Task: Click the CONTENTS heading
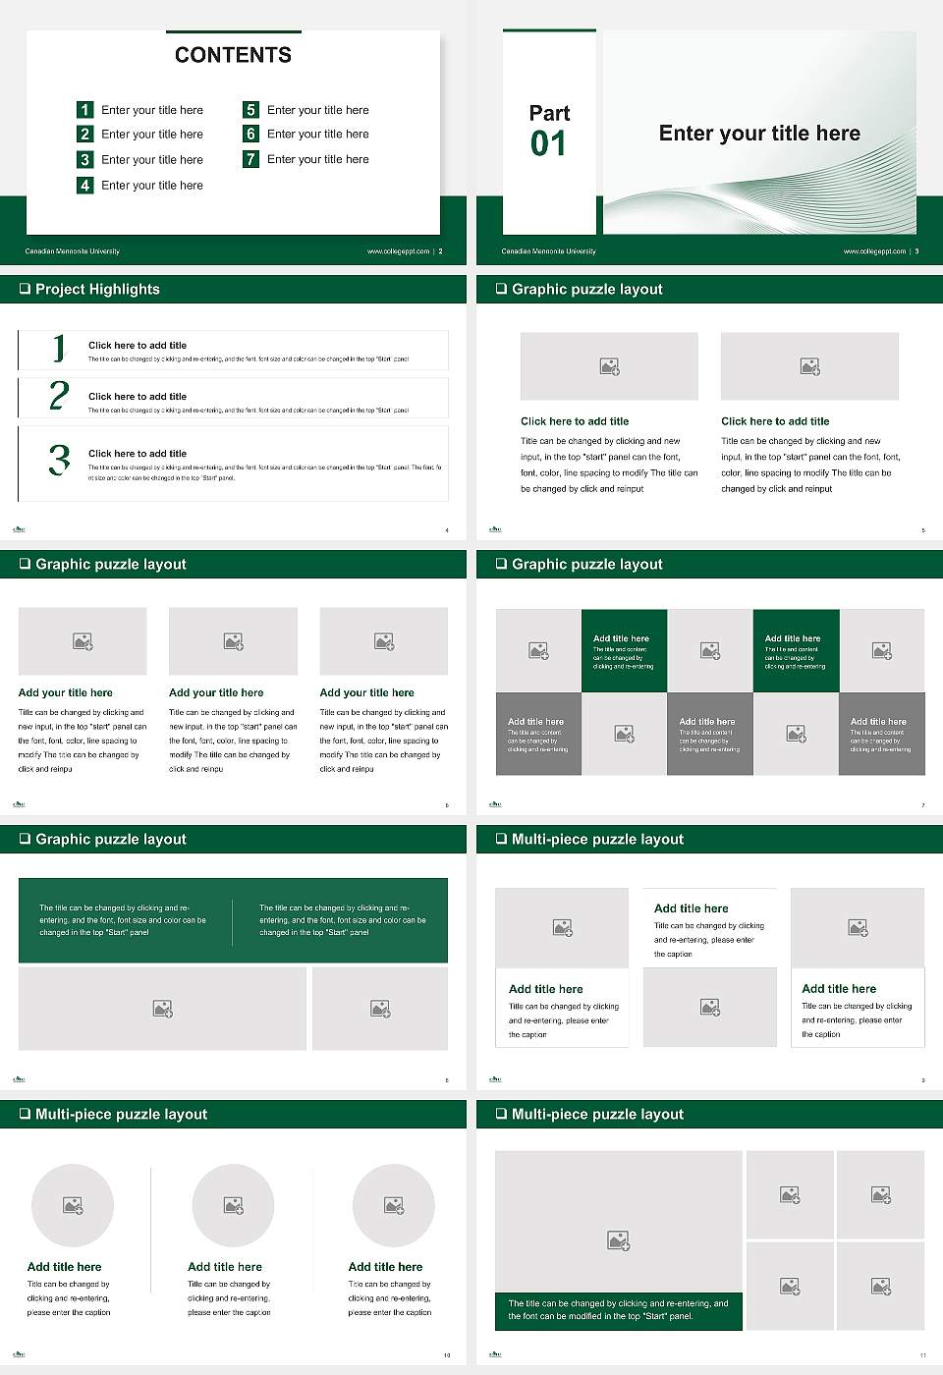click(x=233, y=55)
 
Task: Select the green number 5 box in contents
click(x=250, y=110)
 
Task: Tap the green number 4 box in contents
click(x=84, y=185)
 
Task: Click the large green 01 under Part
click(x=548, y=144)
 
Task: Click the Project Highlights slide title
click(x=97, y=289)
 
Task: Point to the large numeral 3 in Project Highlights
click(x=59, y=460)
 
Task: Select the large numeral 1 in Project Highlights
click(x=59, y=348)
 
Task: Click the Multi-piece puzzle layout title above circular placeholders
click(x=121, y=1114)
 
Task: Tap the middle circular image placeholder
click(x=233, y=1205)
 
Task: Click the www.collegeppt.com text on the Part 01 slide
click(x=873, y=251)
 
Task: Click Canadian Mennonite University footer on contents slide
click(x=72, y=251)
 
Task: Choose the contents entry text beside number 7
click(x=317, y=159)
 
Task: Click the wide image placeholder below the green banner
click(x=162, y=1009)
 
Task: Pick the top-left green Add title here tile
click(x=624, y=650)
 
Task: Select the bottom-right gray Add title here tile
click(x=881, y=734)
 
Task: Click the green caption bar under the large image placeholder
click(x=618, y=1310)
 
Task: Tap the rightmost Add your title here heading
click(x=366, y=692)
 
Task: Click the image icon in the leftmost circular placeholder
click(x=72, y=1205)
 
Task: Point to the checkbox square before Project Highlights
click(x=25, y=289)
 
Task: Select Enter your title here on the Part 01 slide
click(x=758, y=134)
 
